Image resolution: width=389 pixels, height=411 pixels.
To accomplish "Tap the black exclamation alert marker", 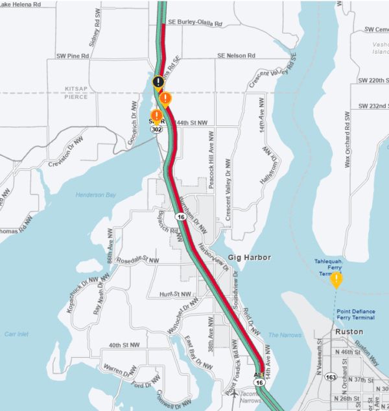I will coord(159,82).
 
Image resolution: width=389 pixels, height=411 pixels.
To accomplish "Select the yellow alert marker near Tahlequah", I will coord(336,280).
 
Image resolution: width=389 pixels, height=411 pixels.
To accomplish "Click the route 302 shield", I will coord(156,129).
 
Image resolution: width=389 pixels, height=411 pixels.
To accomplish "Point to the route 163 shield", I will coord(331,376).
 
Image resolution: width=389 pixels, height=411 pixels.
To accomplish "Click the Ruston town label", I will coord(349,331).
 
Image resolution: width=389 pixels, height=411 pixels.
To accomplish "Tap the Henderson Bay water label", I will coord(94,194).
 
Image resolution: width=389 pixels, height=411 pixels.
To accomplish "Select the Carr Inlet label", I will coord(18,334).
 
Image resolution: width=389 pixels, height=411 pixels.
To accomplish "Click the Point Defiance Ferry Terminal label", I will coord(356,314).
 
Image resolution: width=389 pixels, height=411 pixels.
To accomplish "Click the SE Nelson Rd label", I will coord(237,56).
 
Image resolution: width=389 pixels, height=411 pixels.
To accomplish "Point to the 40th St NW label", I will coord(124,345).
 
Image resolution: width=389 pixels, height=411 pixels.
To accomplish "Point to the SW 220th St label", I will coord(373,81).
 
